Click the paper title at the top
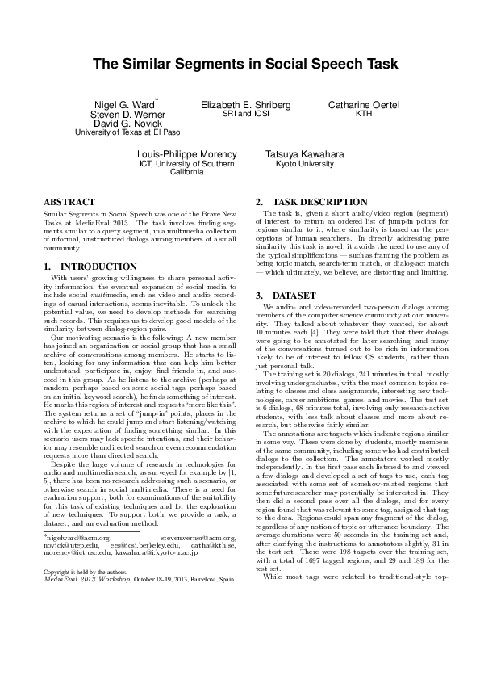pos(240,64)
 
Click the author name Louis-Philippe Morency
pos(186,153)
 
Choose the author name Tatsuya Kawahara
pos(299,153)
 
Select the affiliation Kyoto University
pos(299,163)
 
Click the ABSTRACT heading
pos(69,201)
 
